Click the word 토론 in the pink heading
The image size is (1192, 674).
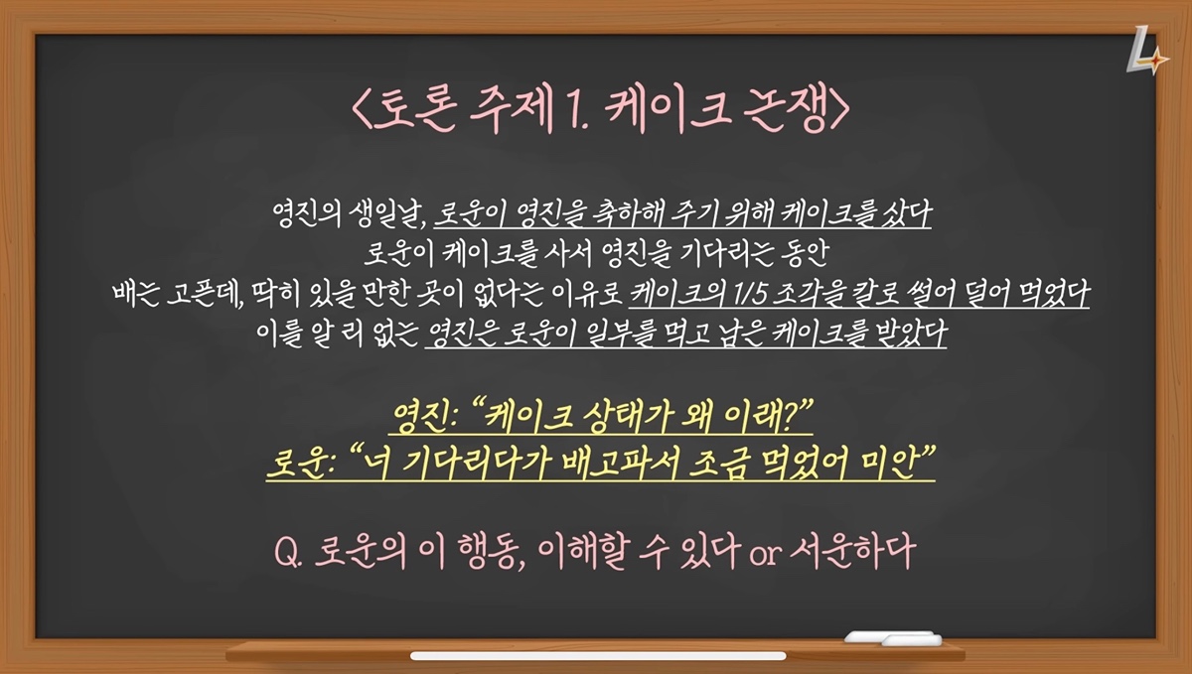414,108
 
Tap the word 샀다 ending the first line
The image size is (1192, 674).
906,213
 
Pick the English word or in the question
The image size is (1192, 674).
765,554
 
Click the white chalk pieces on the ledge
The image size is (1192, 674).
893,638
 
